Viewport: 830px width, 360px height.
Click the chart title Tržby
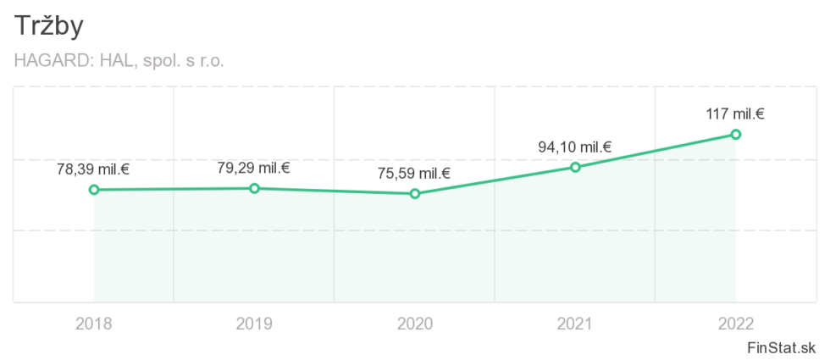pos(49,27)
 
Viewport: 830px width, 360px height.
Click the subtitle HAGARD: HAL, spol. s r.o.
pos(119,61)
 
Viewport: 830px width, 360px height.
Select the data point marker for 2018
pos(94,190)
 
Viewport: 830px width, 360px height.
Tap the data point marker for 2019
pos(254,188)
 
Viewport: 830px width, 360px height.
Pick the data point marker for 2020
pos(415,194)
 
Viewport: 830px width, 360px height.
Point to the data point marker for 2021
pos(575,167)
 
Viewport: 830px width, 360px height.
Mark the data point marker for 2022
pos(736,134)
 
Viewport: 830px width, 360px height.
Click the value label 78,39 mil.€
pos(93,169)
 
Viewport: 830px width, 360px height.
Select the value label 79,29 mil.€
pos(254,168)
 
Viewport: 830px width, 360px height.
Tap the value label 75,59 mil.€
pos(414,174)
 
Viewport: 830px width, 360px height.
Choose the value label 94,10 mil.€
pos(575,147)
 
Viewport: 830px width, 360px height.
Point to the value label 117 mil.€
pos(735,114)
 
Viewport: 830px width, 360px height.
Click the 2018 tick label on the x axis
pos(94,323)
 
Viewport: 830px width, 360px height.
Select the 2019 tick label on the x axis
pos(254,323)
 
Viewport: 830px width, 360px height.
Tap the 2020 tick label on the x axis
pos(415,323)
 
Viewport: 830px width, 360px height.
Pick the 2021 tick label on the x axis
pos(575,323)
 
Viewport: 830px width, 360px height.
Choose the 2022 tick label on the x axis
pos(736,323)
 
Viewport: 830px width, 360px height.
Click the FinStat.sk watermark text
pos(781,347)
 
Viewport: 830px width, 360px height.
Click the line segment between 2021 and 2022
pos(656,151)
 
